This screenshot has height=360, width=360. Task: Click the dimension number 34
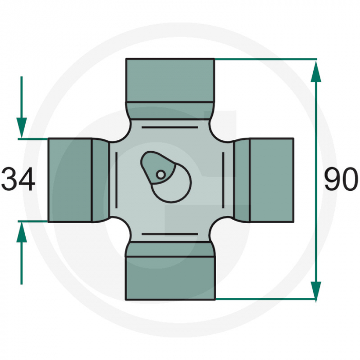[19, 180]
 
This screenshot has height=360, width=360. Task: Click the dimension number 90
[340, 180]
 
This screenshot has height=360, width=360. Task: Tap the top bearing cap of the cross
[170, 80]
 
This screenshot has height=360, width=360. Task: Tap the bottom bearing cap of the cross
[170, 278]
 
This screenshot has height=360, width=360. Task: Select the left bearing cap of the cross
[70, 180]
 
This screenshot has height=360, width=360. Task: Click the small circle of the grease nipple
[161, 175]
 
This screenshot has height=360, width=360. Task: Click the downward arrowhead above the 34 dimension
[22, 126]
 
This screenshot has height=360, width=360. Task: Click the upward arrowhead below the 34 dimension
[22, 233]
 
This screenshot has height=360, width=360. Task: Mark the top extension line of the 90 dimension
[265, 59]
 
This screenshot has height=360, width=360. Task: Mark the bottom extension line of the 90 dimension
[265, 299]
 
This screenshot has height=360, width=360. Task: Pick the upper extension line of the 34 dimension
[33, 138]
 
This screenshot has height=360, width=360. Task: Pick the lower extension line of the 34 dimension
[33, 221]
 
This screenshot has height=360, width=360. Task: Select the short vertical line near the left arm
[117, 180]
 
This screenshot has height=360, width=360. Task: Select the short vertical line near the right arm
[223, 180]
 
